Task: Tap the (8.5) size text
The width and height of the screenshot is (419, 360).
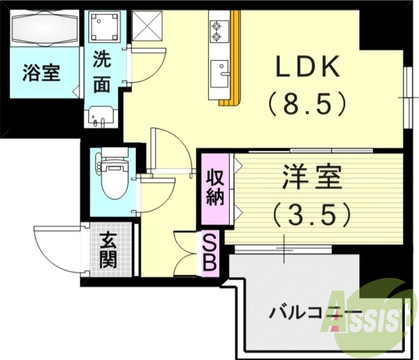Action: click(x=307, y=103)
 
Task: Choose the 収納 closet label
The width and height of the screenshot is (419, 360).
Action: click(x=215, y=187)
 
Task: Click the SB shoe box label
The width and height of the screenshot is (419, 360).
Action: click(x=209, y=253)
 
